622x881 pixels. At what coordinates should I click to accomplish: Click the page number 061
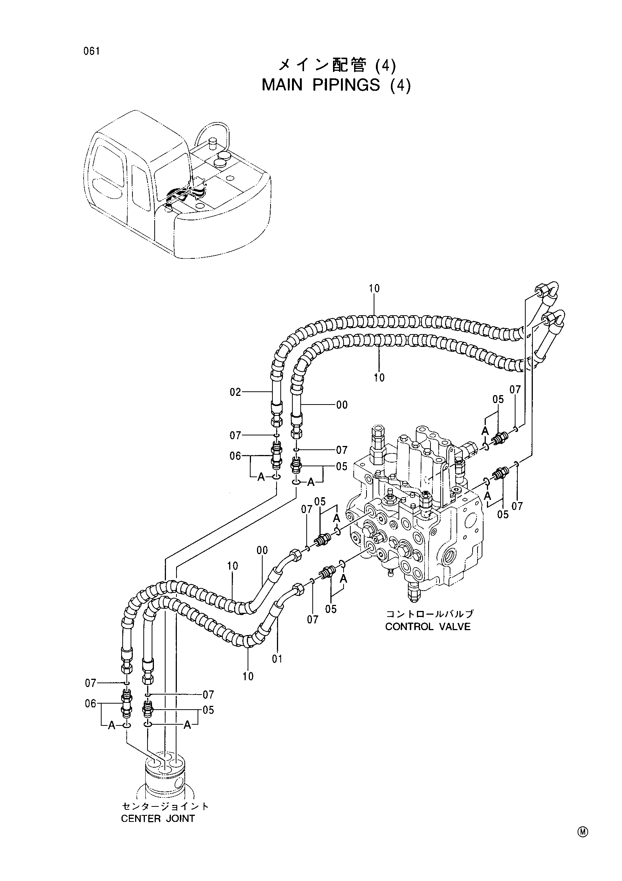92,51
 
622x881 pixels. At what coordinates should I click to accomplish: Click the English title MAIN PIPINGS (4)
336,85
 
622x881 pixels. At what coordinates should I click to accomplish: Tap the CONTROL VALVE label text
428,627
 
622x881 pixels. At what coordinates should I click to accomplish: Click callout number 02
235,392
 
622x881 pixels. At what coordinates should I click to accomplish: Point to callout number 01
277,659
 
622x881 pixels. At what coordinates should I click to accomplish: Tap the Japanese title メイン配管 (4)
336,66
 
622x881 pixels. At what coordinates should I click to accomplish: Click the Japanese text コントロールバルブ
430,614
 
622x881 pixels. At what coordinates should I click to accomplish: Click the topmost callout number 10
374,289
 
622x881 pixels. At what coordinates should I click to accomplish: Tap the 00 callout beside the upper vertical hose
342,405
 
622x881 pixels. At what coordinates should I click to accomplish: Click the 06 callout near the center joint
90,704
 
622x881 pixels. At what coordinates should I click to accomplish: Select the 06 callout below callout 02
235,456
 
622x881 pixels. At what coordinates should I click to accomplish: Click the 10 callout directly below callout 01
248,676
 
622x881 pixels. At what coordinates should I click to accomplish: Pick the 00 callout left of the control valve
262,551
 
